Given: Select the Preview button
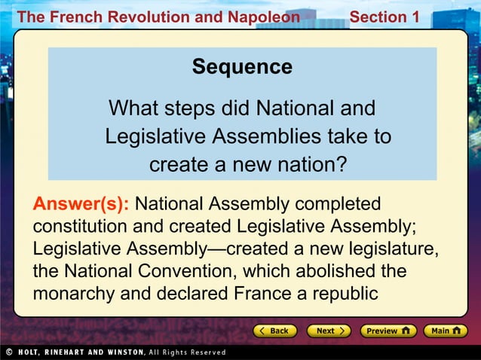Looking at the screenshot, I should (388, 331).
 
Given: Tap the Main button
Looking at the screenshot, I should (445, 331).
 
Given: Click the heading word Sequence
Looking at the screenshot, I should (242, 67).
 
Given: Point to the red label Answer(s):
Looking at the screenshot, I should (81, 204).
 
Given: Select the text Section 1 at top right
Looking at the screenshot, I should (384, 17).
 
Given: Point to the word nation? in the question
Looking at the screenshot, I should (311, 163).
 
